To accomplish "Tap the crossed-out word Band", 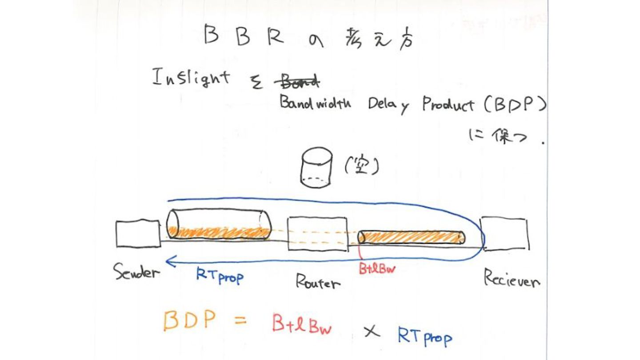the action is point(296,82).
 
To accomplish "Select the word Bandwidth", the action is point(315,104).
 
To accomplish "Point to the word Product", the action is point(448,105).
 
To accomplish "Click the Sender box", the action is point(138,233).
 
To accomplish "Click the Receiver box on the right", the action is point(505,234).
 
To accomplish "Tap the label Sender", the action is point(136,271).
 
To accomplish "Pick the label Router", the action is point(318,281).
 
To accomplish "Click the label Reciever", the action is point(512,279).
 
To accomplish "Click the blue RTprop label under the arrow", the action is point(220,276).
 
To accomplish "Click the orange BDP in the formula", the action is point(190,320).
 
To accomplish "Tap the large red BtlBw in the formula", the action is point(302,325).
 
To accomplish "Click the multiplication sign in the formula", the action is point(372,331).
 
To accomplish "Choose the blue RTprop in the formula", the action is point(424,336).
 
